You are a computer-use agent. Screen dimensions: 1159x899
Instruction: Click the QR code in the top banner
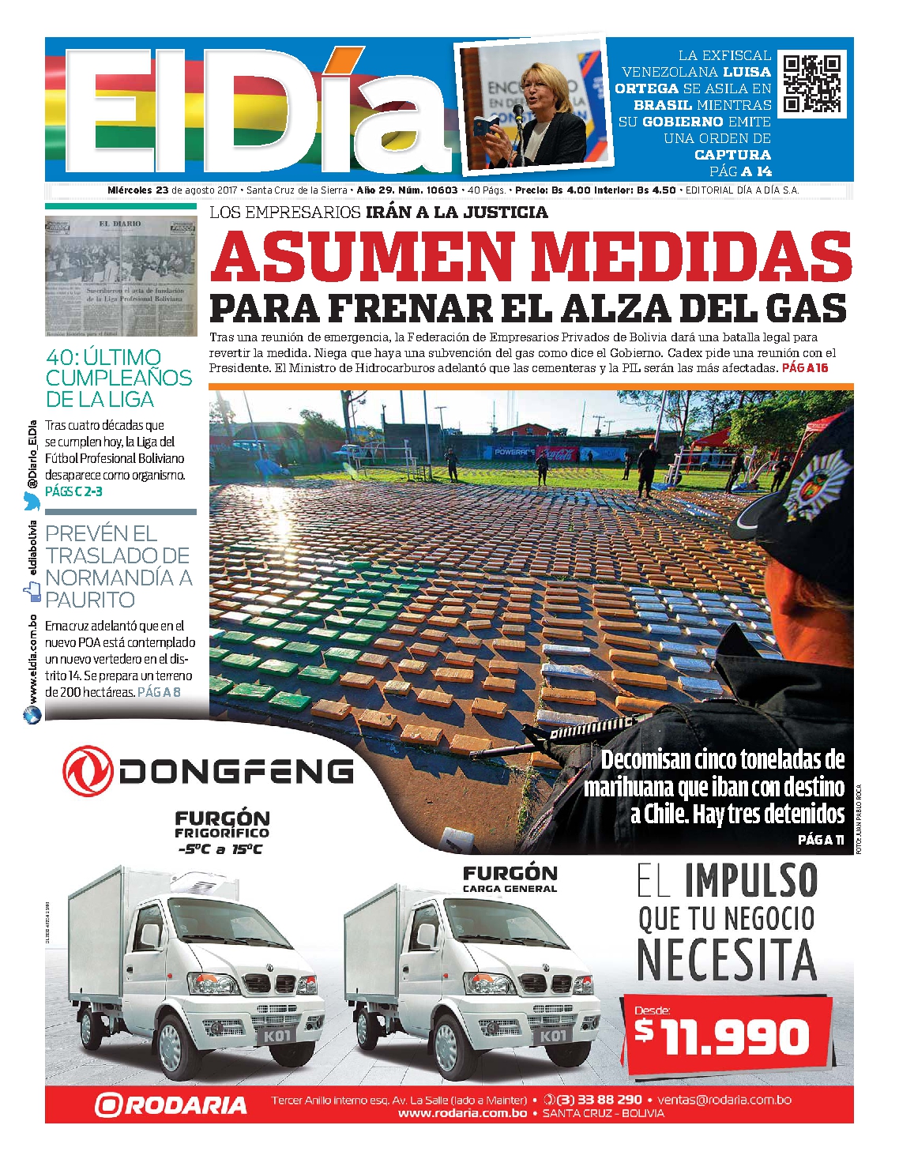pos(811,84)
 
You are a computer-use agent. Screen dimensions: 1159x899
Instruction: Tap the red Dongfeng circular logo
pos(88,770)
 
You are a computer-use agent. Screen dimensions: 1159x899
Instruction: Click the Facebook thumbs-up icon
pos(32,590)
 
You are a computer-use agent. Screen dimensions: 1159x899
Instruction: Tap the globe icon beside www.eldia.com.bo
pos(32,715)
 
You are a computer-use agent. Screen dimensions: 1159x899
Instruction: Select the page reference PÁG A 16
pos(805,368)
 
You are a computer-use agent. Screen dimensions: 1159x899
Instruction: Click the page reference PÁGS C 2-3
pos(73,491)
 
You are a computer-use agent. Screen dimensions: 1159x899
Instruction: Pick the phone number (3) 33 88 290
pos(599,1099)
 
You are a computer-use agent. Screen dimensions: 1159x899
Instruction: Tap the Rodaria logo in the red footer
pos(171,1104)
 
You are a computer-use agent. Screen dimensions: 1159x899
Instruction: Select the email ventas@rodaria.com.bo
pos(724,1099)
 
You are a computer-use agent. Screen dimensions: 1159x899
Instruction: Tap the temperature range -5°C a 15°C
pos(220,849)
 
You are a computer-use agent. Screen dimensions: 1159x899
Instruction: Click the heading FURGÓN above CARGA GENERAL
pos(510,873)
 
